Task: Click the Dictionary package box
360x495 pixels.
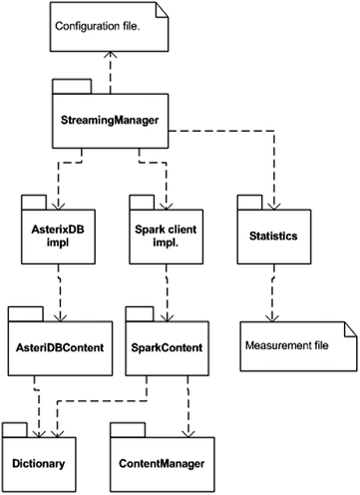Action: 41,460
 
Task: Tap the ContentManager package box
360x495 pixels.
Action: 163,460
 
